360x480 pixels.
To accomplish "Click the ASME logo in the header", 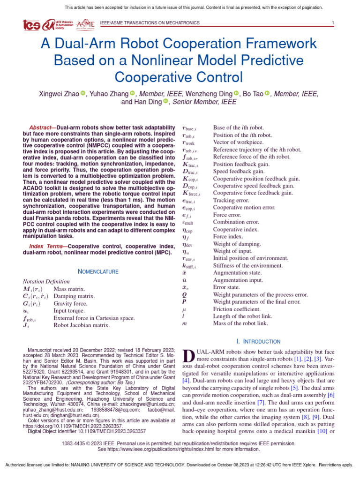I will pos(85,24).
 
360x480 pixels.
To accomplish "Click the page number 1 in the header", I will pos(332,23).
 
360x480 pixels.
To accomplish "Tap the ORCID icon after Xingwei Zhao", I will pos(83,94).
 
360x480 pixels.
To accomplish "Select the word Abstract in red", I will pos(40,127).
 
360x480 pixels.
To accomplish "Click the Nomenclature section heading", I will pos(98,271).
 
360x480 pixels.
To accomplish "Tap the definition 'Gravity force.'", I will pos(70,303).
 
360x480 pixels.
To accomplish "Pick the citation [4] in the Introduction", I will pos(186,381).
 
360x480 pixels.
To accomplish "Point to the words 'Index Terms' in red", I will pos(43,246).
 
